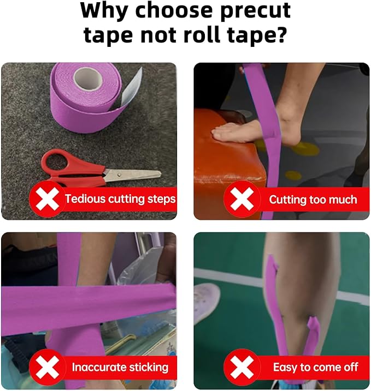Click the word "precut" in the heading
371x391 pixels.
coord(255,11)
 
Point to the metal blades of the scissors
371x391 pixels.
coord(132,175)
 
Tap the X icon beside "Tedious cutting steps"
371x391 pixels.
coord(47,199)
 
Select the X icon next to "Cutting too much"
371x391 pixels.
coord(242,199)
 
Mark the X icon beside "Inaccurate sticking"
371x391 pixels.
coord(47,367)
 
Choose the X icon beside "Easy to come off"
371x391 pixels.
coord(242,367)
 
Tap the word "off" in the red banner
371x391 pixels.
coord(350,367)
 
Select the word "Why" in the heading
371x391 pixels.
coord(104,11)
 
